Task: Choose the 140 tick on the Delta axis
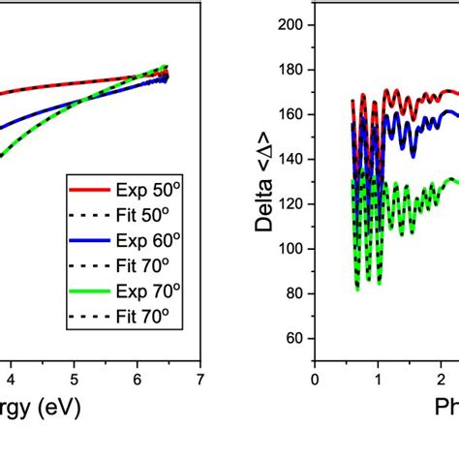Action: coord(291,159)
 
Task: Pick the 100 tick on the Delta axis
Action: coord(291,249)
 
